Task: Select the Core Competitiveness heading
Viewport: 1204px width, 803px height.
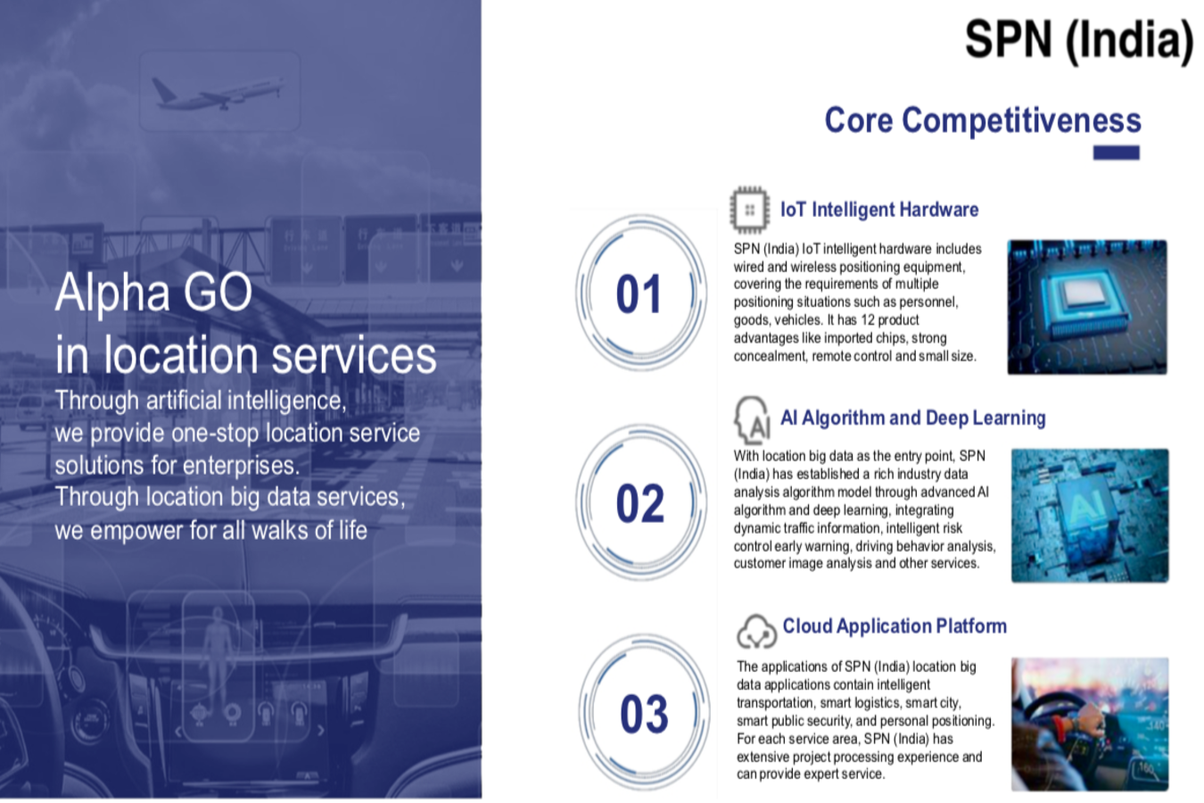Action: [x=983, y=120]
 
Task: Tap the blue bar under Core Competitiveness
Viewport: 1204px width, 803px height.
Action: [x=1116, y=153]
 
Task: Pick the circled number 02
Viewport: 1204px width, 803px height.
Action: [x=639, y=503]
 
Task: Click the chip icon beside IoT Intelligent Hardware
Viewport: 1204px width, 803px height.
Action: [x=749, y=211]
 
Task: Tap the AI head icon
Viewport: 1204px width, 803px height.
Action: [x=752, y=420]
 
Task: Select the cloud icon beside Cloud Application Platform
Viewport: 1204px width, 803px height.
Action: [x=756, y=632]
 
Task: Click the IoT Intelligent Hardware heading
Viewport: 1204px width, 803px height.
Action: [x=879, y=210]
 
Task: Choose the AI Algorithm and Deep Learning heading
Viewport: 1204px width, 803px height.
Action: [x=912, y=418]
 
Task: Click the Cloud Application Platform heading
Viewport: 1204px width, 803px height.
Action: [x=895, y=626]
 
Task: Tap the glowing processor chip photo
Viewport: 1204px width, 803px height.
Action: [x=1087, y=307]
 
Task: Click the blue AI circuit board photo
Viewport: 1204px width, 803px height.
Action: [x=1090, y=516]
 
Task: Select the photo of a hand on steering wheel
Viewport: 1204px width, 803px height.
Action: [x=1090, y=724]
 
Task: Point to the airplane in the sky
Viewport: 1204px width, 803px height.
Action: [x=218, y=93]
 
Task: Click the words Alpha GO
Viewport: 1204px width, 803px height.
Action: [x=153, y=293]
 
